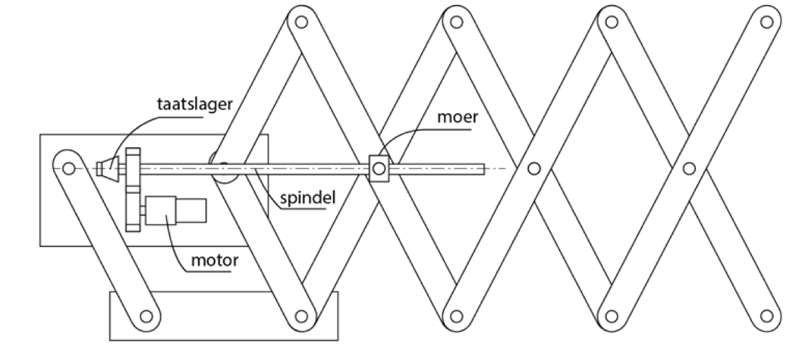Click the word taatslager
tap(195, 105)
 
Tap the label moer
tap(458, 117)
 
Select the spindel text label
tap(308, 197)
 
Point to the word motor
tap(214, 260)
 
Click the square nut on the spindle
tap(378, 168)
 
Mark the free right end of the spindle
tap(485, 168)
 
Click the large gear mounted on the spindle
tap(133, 168)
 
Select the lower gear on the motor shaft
tap(133, 209)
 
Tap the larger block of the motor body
tap(161, 210)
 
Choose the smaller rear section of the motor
tap(191, 210)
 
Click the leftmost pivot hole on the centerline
tap(69, 168)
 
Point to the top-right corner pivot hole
tap(766, 22)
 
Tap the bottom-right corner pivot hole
tap(766, 316)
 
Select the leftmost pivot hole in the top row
tap(301, 22)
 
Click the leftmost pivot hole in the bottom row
tap(146, 316)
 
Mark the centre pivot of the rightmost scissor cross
tap(689, 168)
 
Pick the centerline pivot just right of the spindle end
tap(533, 168)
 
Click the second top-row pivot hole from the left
tap(457, 22)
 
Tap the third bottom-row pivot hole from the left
tap(457, 316)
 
